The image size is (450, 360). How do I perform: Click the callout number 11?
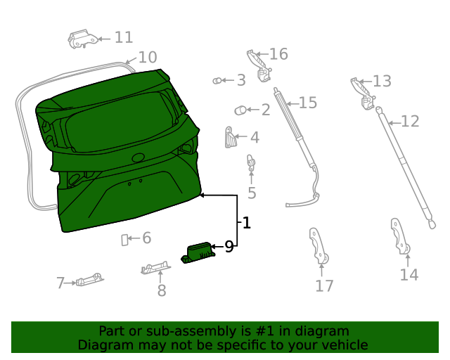[123, 37]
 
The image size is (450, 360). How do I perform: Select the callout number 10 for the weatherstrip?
[147, 58]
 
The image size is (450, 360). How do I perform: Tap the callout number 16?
[278, 54]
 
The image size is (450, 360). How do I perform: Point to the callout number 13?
[381, 81]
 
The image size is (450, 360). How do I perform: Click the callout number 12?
[409, 122]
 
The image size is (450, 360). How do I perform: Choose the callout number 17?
[323, 285]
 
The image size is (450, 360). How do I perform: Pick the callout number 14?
[409, 274]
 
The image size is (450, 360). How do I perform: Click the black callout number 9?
[229, 246]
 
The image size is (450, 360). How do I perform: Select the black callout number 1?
[246, 224]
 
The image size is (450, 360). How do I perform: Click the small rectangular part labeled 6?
[125, 240]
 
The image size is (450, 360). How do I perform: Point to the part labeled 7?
[89, 281]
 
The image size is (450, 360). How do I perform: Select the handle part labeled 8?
[155, 267]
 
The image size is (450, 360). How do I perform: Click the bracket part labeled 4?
[229, 136]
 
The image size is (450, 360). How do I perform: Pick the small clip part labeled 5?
[250, 163]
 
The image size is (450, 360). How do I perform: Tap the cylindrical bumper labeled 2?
[241, 110]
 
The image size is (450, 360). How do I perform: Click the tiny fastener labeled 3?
[217, 81]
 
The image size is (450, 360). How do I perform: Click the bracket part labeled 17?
[318, 246]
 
